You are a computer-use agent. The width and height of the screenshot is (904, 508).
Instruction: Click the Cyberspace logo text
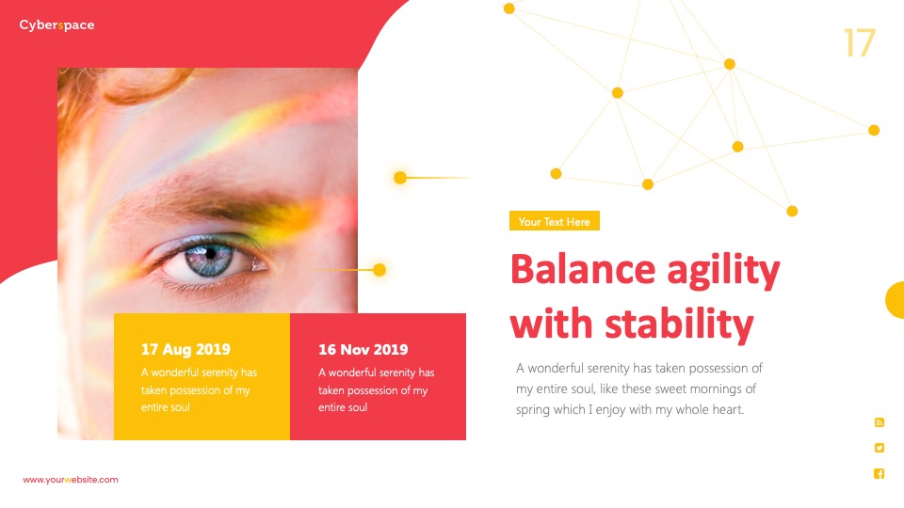tap(56, 25)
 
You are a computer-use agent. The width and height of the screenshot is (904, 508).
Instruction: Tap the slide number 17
tap(860, 42)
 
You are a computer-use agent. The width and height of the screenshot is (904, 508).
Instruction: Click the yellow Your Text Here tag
tap(554, 221)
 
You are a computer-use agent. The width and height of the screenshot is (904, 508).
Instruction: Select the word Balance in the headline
tap(583, 270)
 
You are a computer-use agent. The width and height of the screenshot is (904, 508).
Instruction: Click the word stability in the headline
tap(679, 324)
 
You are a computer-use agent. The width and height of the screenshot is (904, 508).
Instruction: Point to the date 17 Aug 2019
tap(186, 350)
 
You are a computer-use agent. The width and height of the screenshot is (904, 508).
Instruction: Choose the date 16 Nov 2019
tap(363, 350)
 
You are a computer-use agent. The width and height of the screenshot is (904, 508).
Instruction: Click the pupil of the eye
tap(210, 253)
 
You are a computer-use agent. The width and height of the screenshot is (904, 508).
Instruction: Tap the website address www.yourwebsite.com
tap(71, 480)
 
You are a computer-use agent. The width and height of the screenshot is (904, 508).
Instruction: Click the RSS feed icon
tap(880, 422)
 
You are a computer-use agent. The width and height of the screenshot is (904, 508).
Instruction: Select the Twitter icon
tap(880, 448)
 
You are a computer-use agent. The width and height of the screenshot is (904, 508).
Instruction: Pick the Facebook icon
tap(880, 473)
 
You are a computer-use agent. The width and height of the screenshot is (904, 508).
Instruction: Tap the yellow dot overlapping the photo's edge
tap(379, 270)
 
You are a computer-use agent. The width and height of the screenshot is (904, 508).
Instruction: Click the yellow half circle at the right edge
tap(896, 300)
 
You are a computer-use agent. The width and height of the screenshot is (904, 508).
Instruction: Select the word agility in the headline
tap(723, 271)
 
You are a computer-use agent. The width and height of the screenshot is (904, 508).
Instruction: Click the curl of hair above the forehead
tap(144, 84)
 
